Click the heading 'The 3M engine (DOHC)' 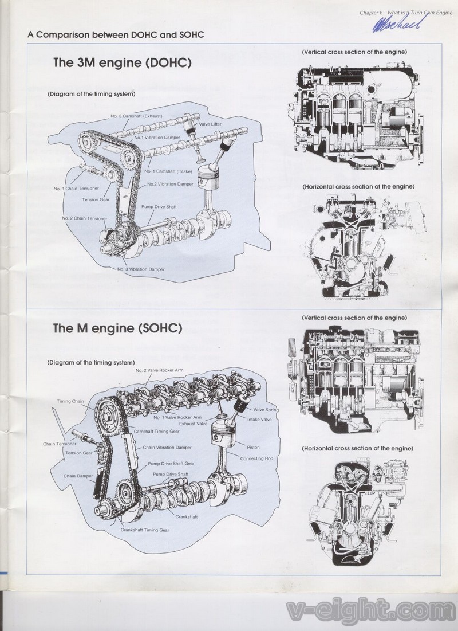[x=122, y=62]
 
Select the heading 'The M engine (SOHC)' [x=117, y=328]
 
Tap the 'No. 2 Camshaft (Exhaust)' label [x=137, y=116]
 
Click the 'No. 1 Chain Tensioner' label [x=76, y=188]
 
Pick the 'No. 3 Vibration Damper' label [x=141, y=269]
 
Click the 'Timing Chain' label [x=70, y=401]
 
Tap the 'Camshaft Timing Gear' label [x=156, y=430]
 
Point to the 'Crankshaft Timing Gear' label [x=145, y=530]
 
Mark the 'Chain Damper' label [x=78, y=476]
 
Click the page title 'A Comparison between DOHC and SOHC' [x=116, y=34]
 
